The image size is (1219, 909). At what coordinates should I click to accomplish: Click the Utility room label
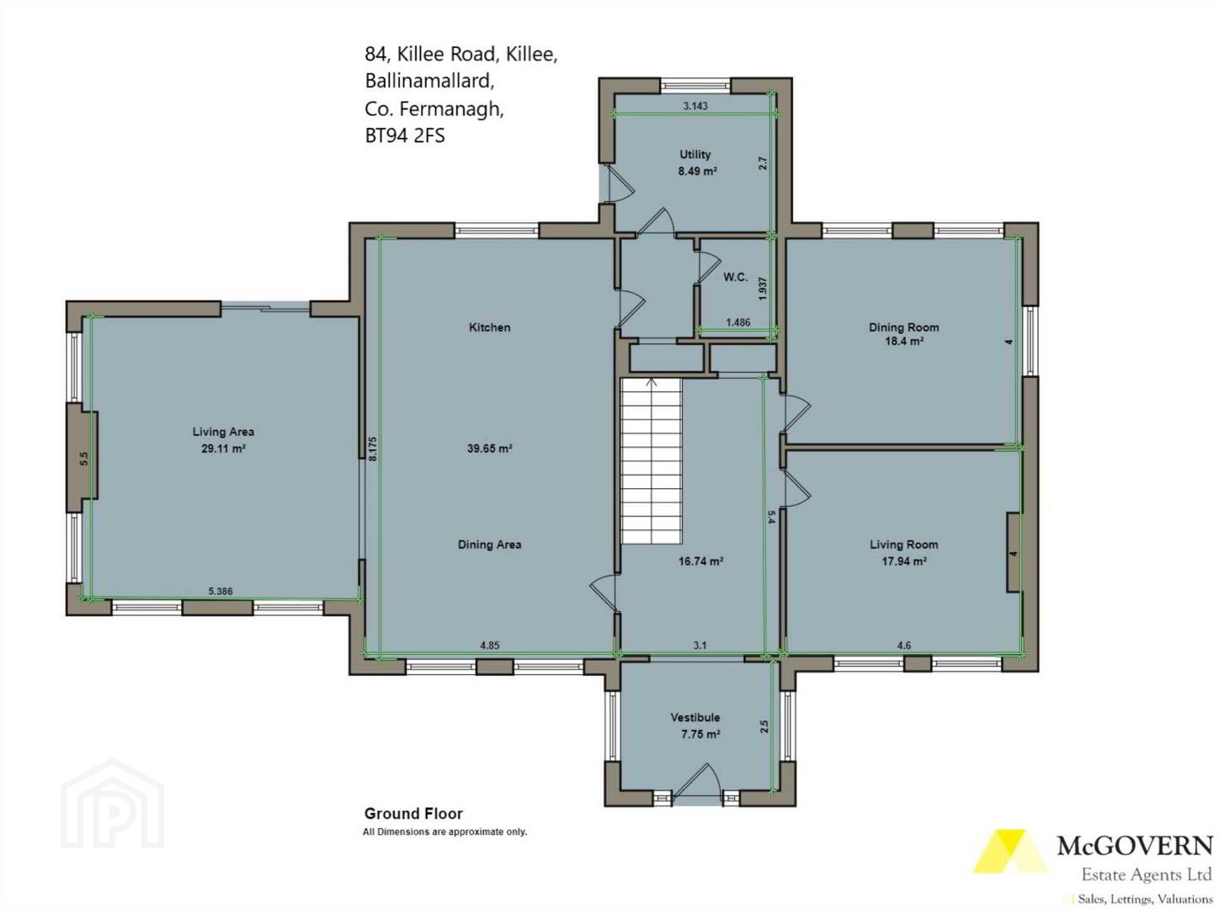pos(695,154)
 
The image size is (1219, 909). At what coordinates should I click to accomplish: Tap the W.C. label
pos(735,277)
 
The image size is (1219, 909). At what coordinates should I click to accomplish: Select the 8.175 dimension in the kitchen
pos(373,449)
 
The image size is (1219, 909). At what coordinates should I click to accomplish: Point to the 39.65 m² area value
pos(489,448)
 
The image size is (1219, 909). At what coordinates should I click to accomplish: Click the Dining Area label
pos(489,545)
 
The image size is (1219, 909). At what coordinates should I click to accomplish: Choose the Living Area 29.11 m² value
pos(223,448)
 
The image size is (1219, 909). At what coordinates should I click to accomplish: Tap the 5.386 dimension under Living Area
pos(221,592)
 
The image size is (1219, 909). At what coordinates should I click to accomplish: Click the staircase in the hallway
pos(651,461)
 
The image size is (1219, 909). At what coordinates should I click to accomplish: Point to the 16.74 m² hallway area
pos(700,561)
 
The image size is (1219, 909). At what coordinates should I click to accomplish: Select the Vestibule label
pos(695,717)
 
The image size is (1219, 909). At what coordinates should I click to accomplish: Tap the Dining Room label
pos(903,327)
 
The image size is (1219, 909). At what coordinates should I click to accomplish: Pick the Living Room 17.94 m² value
pos(903,561)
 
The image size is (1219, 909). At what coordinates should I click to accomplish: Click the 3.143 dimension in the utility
pos(695,105)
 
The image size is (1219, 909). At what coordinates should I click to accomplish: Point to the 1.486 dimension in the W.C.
pos(738,322)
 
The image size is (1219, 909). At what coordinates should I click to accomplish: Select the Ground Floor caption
pos(413,814)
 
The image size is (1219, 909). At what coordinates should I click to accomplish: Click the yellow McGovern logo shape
pos(1010,851)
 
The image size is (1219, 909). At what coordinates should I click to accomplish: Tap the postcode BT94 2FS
pos(405,136)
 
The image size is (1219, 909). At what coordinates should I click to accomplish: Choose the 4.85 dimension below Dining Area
pos(490,646)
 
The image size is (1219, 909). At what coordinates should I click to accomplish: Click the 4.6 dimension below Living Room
pos(904,646)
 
